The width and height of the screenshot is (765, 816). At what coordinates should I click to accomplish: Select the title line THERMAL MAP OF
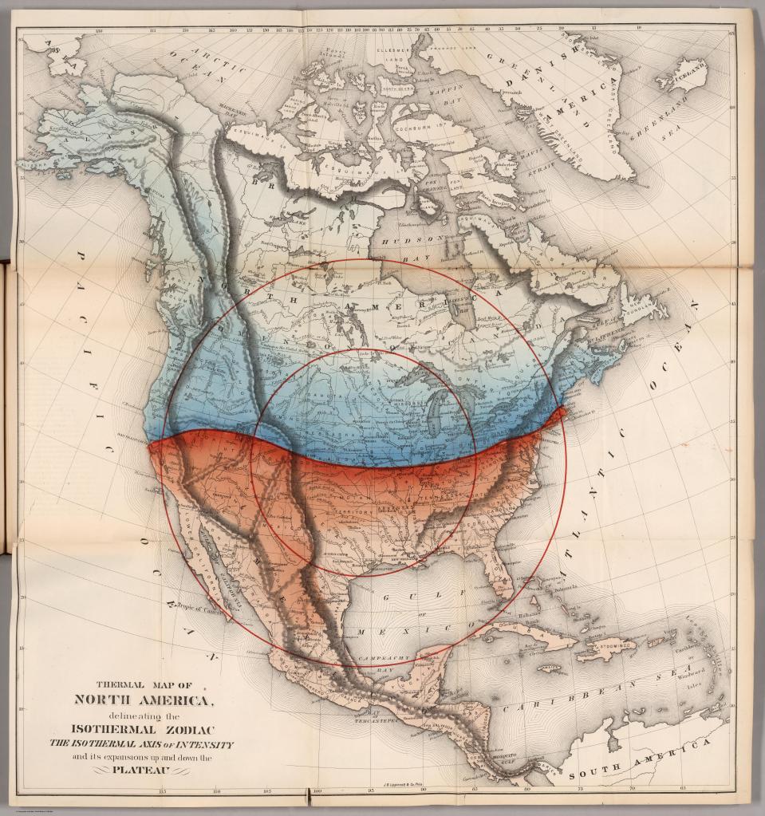coord(144,684)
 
